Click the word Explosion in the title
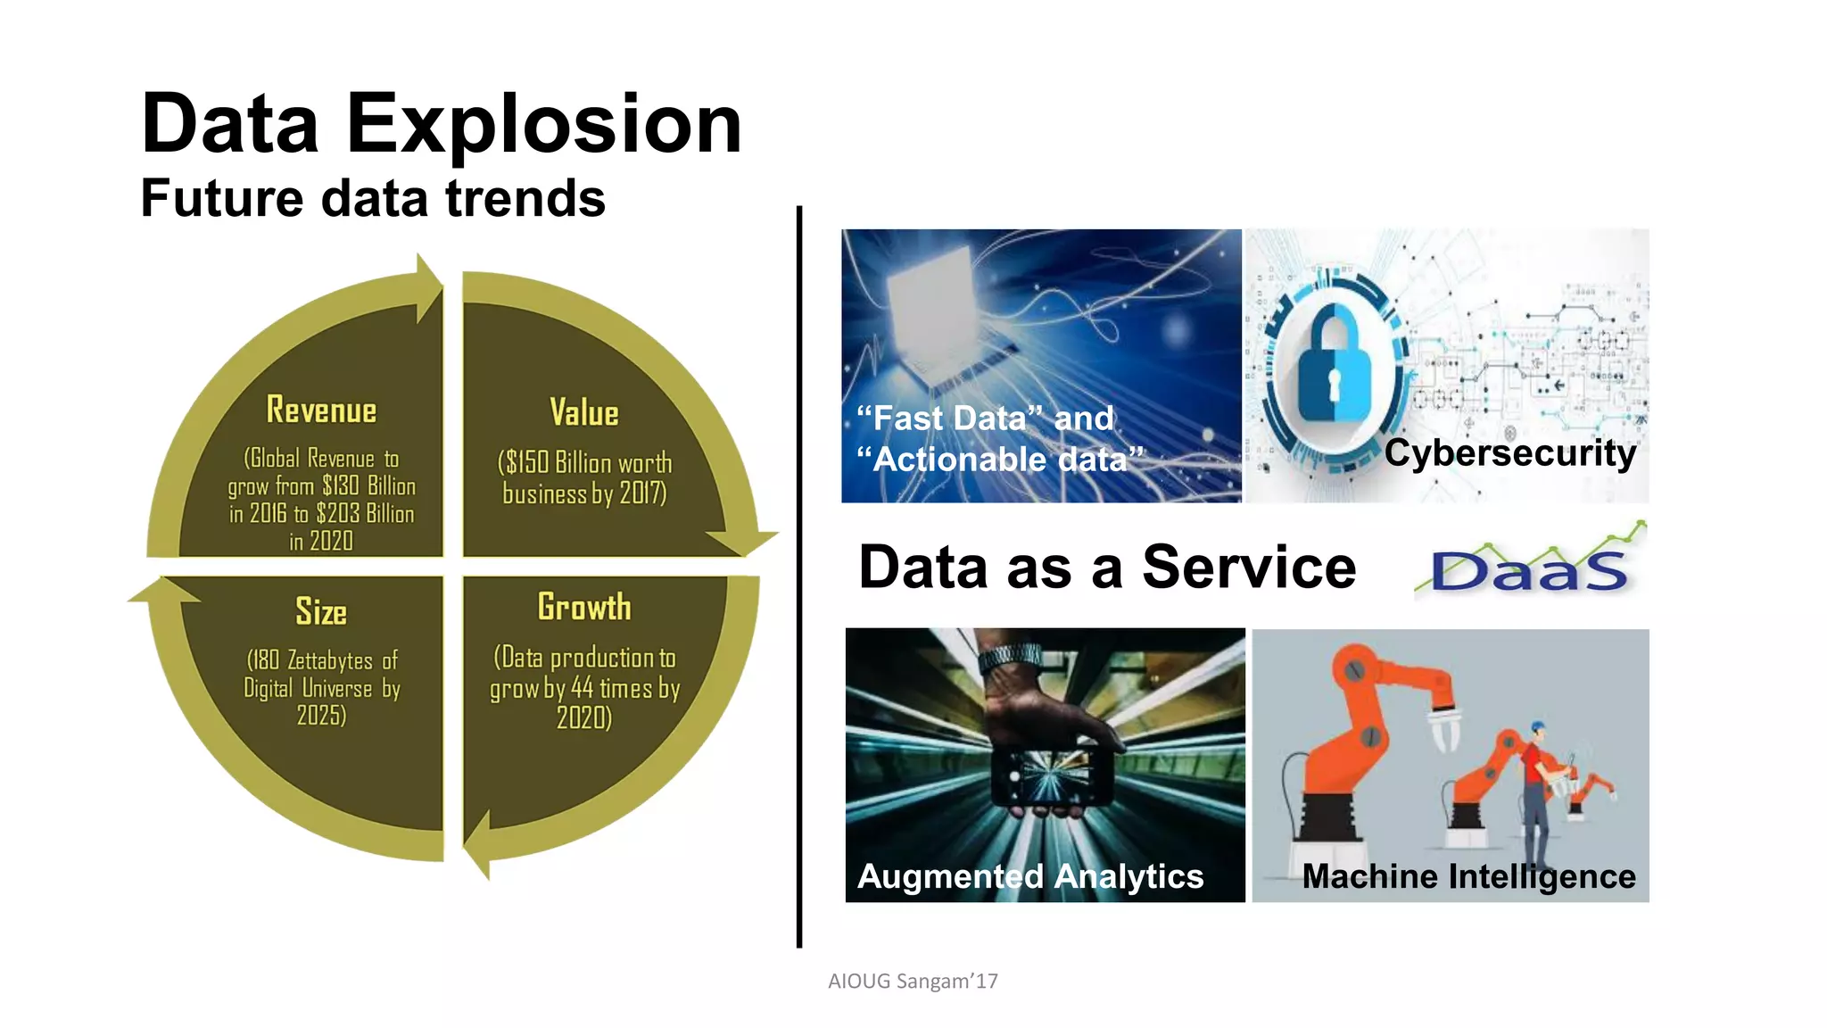tap(543, 124)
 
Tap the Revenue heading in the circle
tap(321, 410)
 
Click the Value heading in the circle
tap(584, 413)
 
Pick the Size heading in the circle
tap(321, 612)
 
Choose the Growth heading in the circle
tap(584, 608)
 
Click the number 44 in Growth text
tap(582, 688)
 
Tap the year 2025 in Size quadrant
tap(320, 716)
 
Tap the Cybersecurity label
tap(1509, 453)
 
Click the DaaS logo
tap(1529, 568)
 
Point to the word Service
tap(1249, 568)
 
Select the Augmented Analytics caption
tap(1030, 876)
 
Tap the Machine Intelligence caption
tap(1468, 876)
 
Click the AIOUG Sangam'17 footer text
tap(913, 982)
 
